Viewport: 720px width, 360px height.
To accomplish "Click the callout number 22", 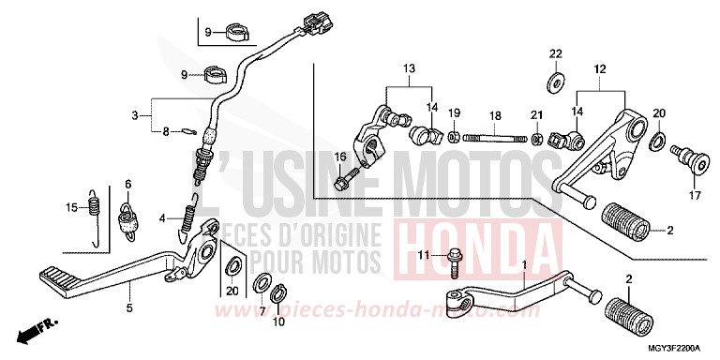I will pos(554,52).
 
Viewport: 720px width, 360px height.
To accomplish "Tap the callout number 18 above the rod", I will pos(494,113).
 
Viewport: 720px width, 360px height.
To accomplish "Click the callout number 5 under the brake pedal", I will pos(129,307).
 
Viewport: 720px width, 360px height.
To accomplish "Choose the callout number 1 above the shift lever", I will pos(524,265).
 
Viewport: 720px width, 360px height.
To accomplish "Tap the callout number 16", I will pos(167,132).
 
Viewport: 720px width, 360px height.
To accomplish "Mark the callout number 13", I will pos(408,69).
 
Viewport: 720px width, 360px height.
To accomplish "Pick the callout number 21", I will pos(538,113).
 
